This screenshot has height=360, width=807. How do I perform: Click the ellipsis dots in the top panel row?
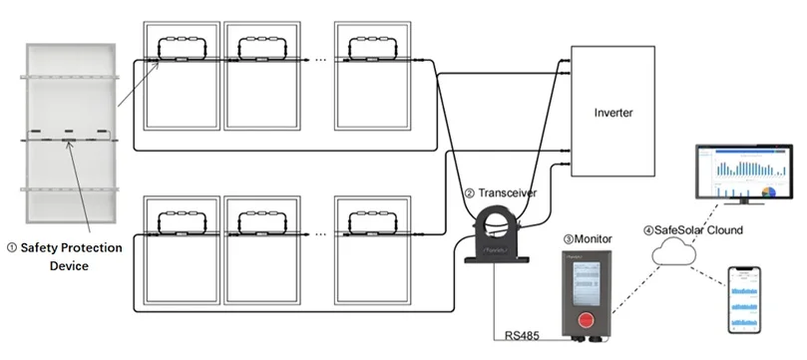[319, 60]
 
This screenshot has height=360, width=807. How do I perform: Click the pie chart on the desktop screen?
[767, 191]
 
